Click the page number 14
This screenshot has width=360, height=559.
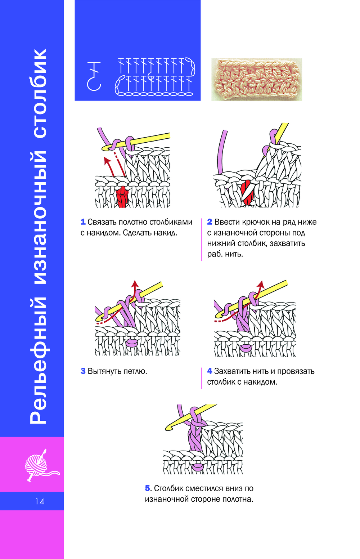point(40,501)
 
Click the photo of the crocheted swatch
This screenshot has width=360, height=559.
point(256,79)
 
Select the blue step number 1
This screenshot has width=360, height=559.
point(83,222)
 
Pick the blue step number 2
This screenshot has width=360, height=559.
point(210,222)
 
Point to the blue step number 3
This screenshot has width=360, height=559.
point(83,371)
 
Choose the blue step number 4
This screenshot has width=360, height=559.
point(210,371)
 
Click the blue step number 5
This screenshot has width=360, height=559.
point(148,488)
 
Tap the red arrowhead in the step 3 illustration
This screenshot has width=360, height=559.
point(135,283)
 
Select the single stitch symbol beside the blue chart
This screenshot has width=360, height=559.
point(94,76)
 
